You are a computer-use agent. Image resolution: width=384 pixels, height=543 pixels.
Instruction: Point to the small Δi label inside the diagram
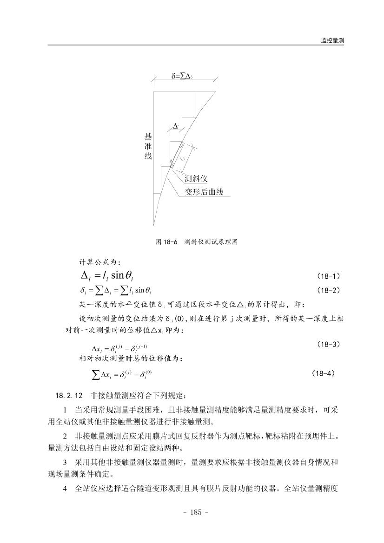[175, 126]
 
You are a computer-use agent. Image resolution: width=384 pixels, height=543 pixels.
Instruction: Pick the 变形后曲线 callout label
[205, 192]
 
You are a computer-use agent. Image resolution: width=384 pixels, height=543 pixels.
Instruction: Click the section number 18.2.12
[69, 396]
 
